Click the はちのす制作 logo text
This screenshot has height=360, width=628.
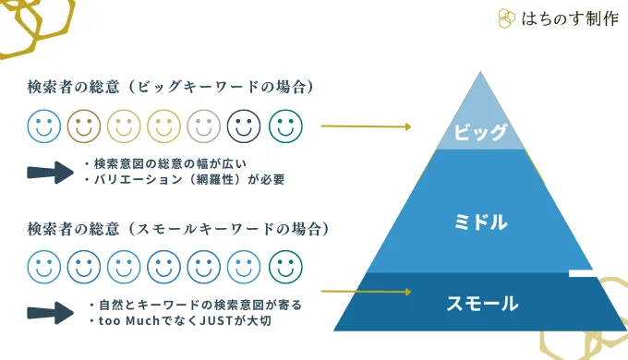(570, 18)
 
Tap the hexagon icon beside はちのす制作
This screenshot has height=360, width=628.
(507, 18)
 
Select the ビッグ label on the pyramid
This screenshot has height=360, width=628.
(480, 132)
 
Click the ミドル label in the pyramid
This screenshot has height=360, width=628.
(480, 222)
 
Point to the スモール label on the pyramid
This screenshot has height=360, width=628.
(482, 303)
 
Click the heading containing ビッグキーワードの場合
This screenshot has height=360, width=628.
(171, 87)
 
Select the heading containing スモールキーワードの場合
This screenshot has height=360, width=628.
(178, 229)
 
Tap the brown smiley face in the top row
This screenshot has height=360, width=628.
(84, 126)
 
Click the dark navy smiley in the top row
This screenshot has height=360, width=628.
(244, 126)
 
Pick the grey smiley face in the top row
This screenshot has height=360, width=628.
(203, 126)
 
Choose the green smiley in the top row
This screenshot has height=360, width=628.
(285, 126)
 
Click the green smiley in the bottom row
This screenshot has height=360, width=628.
(285, 267)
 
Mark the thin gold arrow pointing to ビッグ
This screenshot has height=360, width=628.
(366, 126)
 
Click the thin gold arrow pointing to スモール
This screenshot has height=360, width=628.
(366, 292)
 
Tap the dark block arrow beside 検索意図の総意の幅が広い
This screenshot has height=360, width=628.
(51, 173)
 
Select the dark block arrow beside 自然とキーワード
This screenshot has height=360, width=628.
(51, 313)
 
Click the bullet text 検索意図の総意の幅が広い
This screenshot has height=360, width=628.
(170, 163)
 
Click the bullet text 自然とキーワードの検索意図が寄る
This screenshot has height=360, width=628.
(199, 306)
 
